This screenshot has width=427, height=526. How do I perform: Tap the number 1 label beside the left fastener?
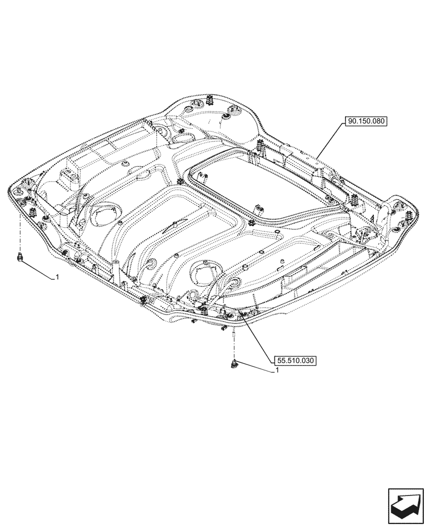[x=57, y=277]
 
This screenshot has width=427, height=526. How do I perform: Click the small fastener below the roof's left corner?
[x=21, y=257]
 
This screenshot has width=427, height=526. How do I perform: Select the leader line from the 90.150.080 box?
[x=331, y=141]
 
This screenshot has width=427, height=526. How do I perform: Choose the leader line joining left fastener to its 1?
[x=38, y=268]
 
